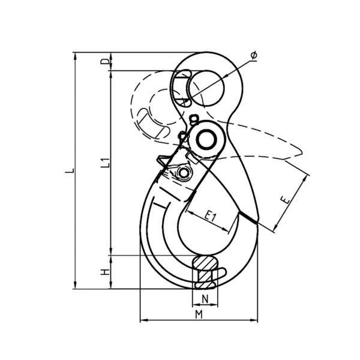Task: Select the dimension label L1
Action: pyautogui.click(x=106, y=162)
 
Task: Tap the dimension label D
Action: pyautogui.click(x=105, y=62)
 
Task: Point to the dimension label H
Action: pyautogui.click(x=105, y=272)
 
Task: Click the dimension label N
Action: pyautogui.click(x=205, y=299)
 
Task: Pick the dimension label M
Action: pyautogui.click(x=199, y=314)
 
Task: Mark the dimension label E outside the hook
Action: pyautogui.click(x=286, y=200)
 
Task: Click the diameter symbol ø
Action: pyautogui.click(x=254, y=55)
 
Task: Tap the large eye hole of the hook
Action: pyautogui.click(x=206, y=88)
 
